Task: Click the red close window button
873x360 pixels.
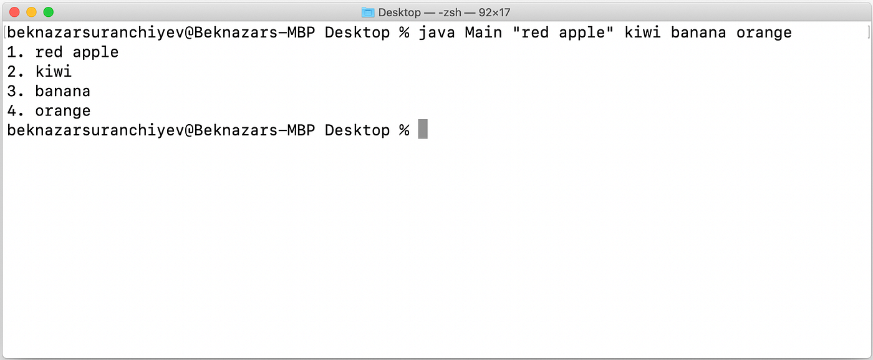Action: (15, 12)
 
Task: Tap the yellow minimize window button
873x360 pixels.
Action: (31, 12)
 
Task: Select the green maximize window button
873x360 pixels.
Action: (48, 12)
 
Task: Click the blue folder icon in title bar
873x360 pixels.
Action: (368, 12)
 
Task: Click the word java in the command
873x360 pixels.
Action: (436, 32)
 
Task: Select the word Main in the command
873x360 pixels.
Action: (483, 32)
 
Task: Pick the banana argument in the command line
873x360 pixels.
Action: (698, 32)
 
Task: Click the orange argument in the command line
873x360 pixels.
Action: (764, 32)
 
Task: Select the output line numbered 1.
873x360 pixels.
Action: (62, 52)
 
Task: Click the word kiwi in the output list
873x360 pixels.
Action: (54, 72)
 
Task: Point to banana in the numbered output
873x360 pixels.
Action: (62, 91)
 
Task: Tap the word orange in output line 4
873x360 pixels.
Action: (62, 111)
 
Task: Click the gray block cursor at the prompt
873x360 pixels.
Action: (423, 130)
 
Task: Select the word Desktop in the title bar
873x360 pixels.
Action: (399, 12)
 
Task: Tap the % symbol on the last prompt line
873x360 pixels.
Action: (403, 130)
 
